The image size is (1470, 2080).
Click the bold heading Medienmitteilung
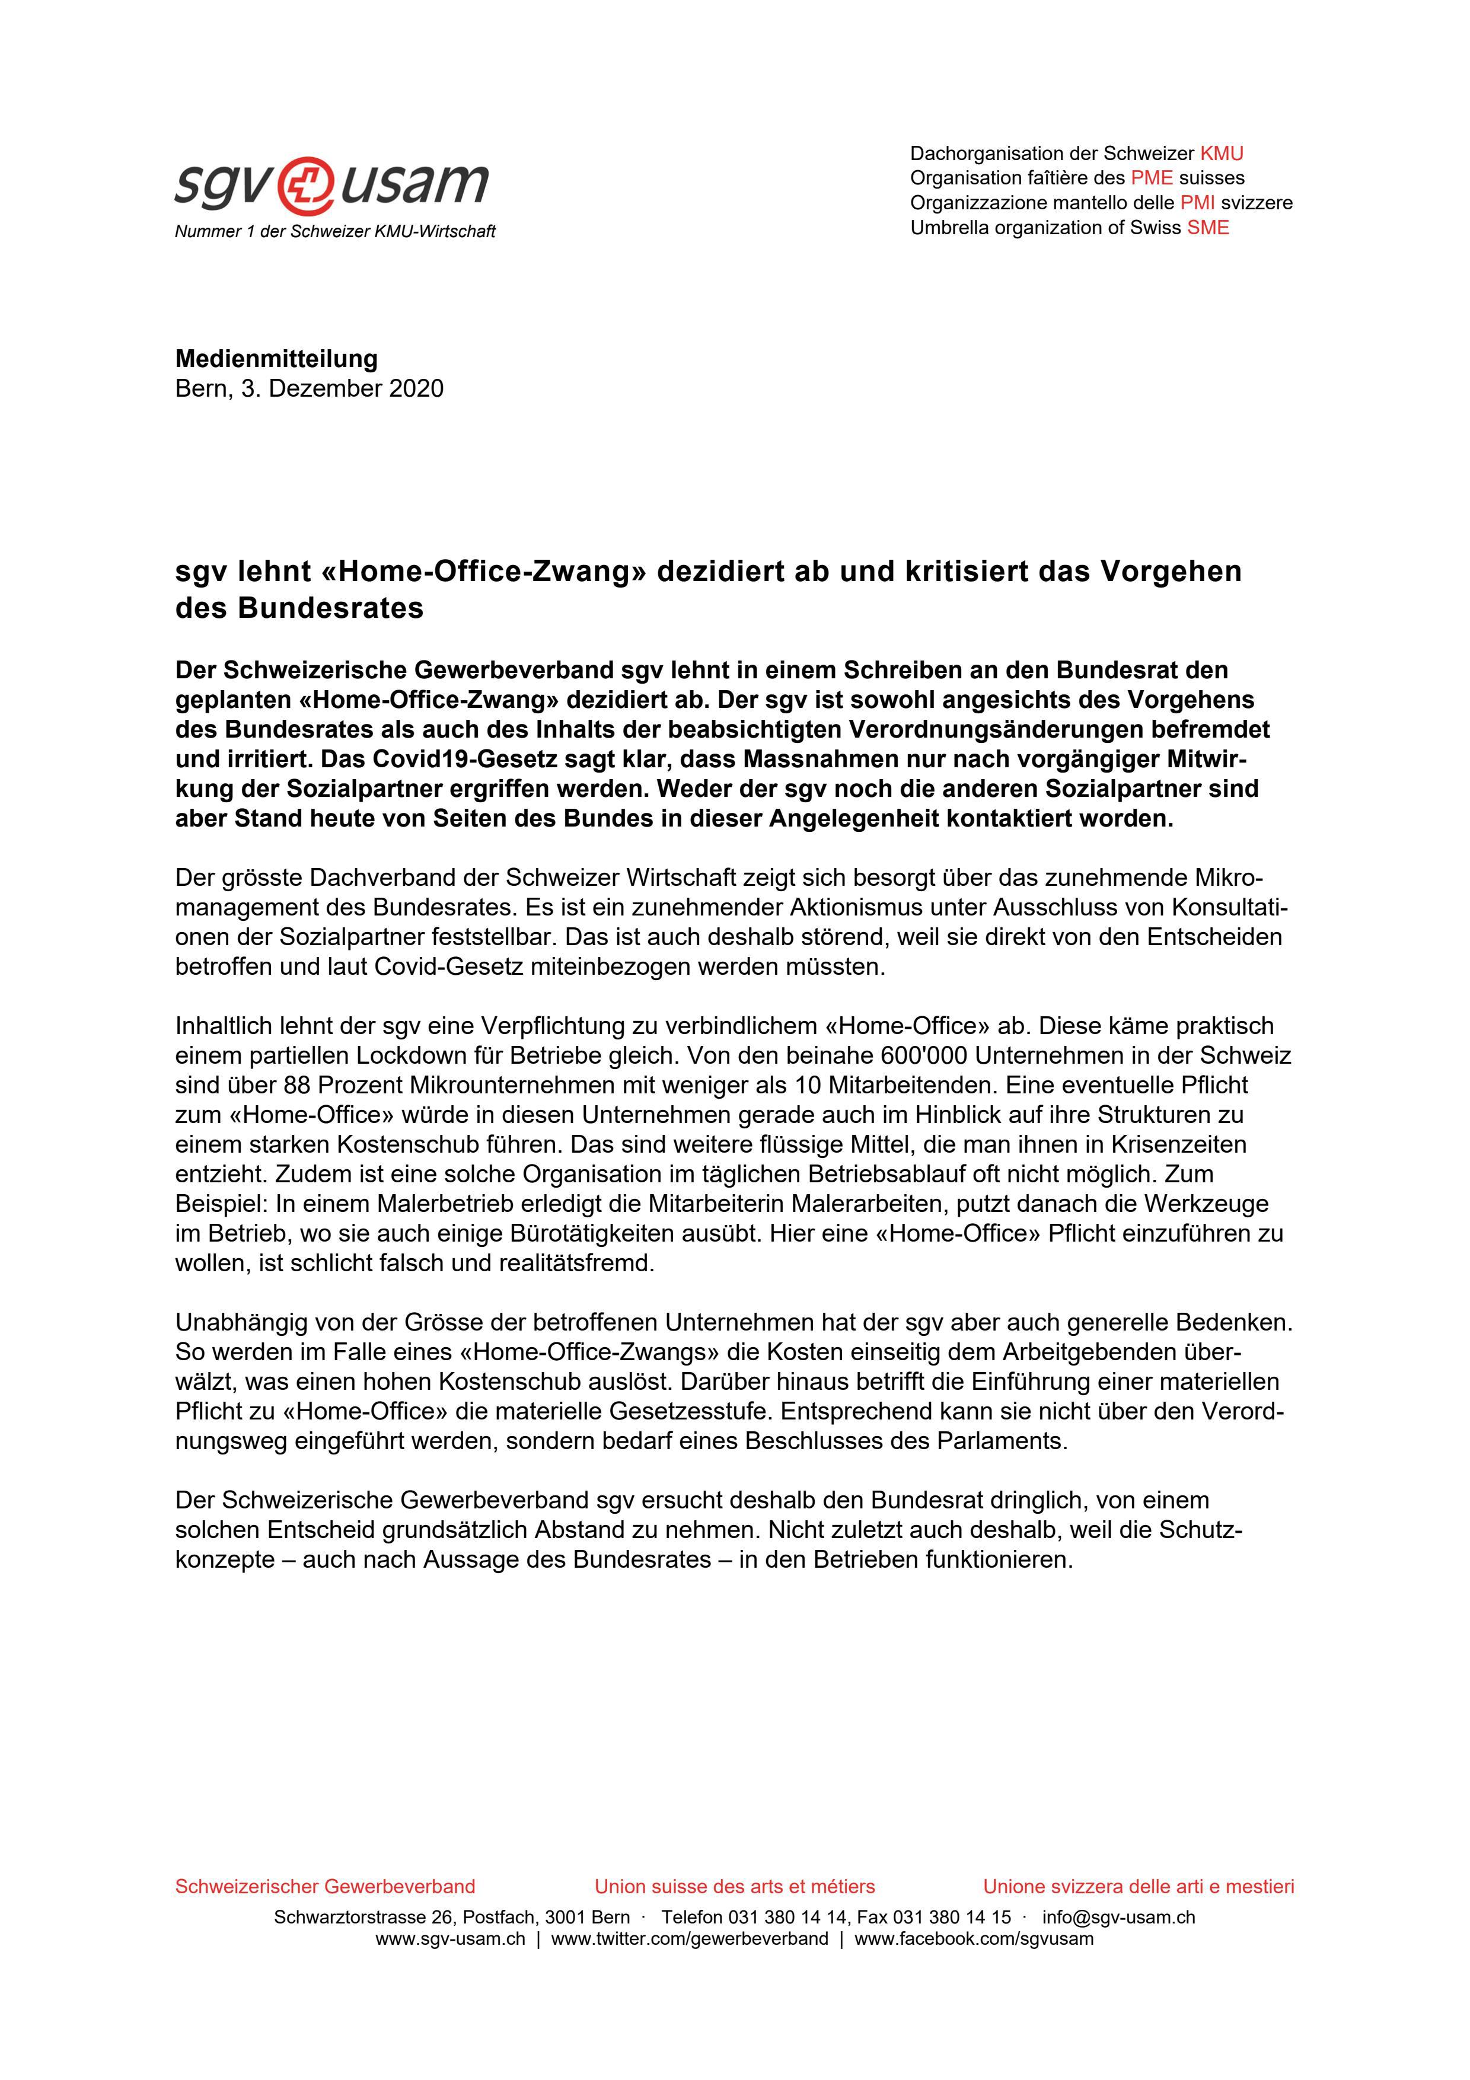[276, 359]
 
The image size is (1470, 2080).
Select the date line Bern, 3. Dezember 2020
[309, 388]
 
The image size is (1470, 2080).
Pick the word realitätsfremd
[576, 1263]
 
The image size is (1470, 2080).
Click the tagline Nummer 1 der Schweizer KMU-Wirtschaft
[335, 232]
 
